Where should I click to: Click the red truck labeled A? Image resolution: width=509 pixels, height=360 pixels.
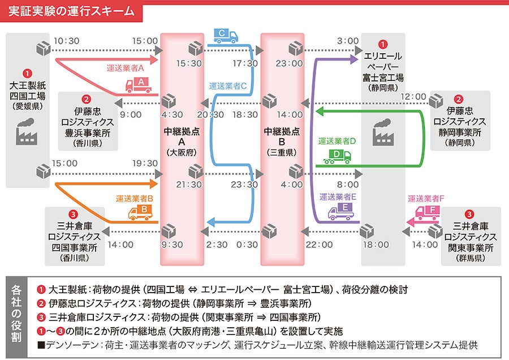(x=138, y=85)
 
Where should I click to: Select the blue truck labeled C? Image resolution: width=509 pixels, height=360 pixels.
(x=226, y=36)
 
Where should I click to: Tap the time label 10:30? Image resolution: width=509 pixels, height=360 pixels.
(x=66, y=41)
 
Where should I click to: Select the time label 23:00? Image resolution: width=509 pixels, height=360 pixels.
(x=289, y=63)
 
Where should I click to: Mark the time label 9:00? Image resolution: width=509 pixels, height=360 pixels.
(x=131, y=114)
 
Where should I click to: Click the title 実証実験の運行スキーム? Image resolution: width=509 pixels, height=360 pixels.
(x=72, y=11)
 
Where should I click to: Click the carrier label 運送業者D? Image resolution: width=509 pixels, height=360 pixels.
(x=337, y=141)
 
